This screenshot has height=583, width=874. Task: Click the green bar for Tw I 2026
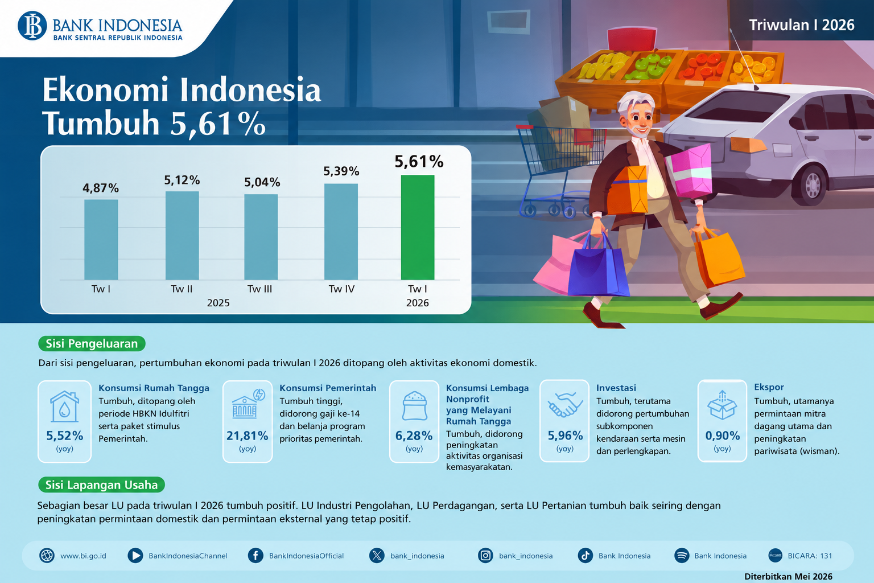[418, 227]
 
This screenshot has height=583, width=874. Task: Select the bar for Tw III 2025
[261, 237]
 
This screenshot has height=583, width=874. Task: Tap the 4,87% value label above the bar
[101, 188]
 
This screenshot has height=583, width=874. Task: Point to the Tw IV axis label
[341, 289]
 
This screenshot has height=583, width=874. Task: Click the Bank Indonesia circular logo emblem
[32, 26]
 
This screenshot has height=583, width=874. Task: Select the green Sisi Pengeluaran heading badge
[92, 344]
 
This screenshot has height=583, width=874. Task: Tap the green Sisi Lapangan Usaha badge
[101, 485]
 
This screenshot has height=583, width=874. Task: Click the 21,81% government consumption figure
[248, 436]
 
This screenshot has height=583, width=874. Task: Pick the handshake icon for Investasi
[565, 405]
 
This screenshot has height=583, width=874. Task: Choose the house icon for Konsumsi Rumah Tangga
[64, 407]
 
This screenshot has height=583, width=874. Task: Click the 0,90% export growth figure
[722, 436]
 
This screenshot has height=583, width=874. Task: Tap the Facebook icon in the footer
[255, 556]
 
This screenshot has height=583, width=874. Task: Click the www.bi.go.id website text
[83, 556]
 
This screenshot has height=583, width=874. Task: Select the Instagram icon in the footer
[485, 556]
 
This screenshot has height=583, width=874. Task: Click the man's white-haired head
[636, 114]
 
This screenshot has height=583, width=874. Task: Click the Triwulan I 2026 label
[802, 25]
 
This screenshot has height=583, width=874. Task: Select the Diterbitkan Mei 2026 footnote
[788, 576]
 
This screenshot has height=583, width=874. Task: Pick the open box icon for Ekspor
[722, 405]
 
